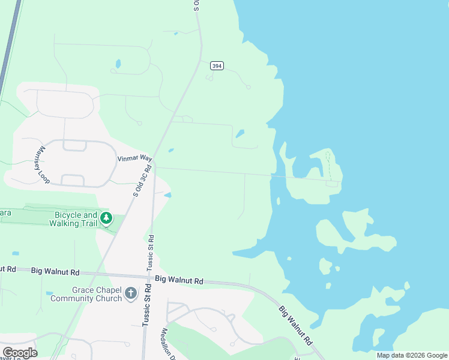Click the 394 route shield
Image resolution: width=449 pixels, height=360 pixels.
coord(217,65)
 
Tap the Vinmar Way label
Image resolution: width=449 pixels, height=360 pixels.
coord(134,158)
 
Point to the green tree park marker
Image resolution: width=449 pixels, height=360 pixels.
coord(106,218)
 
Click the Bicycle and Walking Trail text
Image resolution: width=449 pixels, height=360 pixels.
coord(76,220)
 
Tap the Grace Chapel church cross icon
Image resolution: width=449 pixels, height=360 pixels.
coord(131,294)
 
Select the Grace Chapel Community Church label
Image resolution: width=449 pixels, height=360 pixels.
coord(88,294)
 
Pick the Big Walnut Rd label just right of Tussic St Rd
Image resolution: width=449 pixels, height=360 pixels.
coord(179,280)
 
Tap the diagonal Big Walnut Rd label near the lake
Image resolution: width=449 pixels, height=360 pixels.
coord(296,325)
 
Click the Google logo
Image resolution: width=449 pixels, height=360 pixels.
coord(20,352)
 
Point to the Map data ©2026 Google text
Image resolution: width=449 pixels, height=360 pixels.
coord(412,355)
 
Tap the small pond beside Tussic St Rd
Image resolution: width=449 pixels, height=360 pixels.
coord(167,195)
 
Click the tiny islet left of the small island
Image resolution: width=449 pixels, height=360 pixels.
coord(289,259)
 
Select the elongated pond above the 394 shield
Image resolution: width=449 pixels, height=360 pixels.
coord(118,63)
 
